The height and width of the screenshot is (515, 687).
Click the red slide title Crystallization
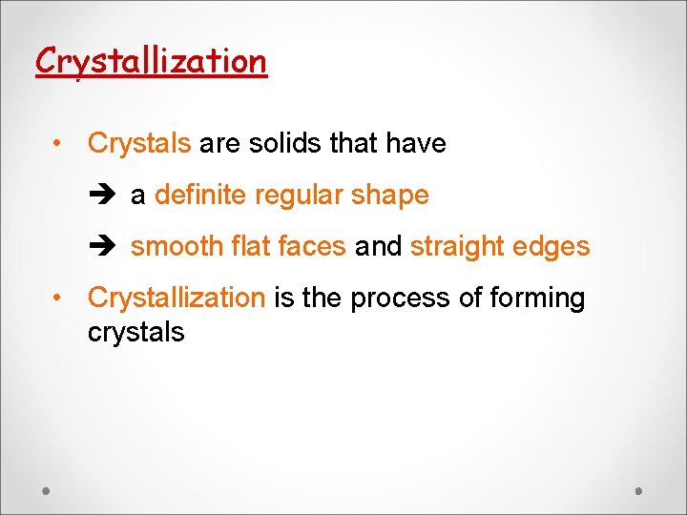tap(151, 61)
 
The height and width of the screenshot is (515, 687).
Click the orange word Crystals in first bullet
tap(139, 144)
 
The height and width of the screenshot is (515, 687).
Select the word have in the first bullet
tap(416, 144)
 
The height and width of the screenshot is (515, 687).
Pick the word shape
tap(390, 196)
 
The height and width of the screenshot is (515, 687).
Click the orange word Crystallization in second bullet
tap(176, 299)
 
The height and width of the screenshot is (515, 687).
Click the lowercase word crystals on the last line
tap(135, 332)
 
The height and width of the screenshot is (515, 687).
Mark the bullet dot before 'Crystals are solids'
tap(59, 144)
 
